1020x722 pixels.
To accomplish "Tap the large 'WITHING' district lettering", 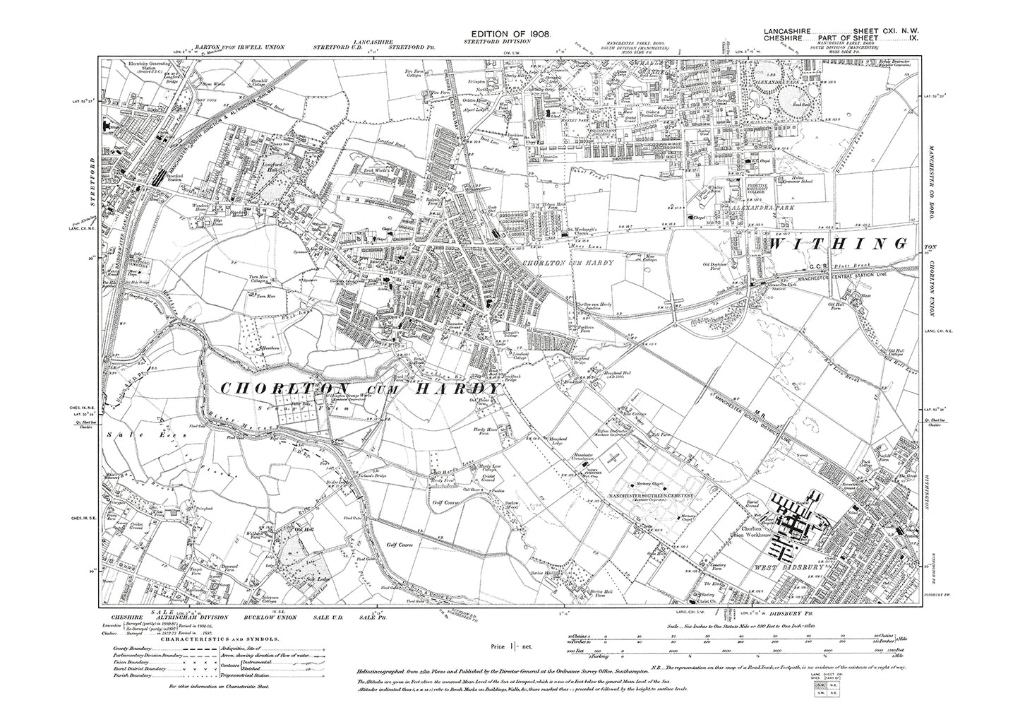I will point(837,244).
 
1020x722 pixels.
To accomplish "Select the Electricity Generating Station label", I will point(150,68).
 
